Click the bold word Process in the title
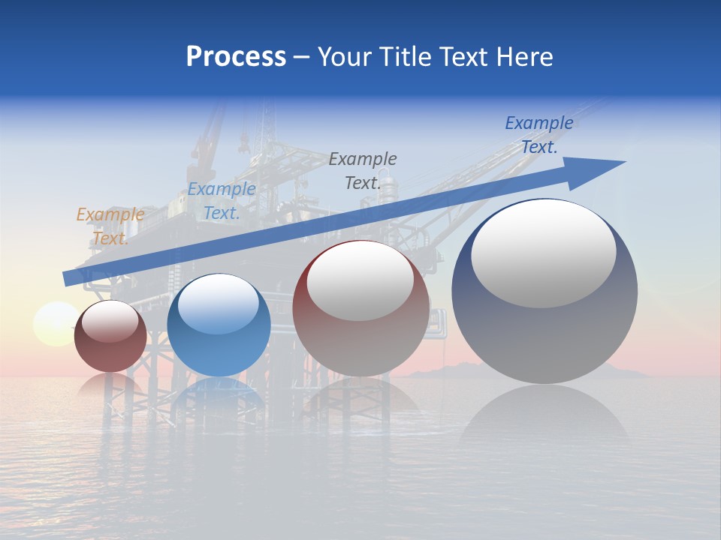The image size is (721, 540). (x=236, y=57)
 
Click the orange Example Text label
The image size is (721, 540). (x=110, y=226)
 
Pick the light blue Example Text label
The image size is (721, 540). (x=222, y=201)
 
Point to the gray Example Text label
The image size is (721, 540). (x=363, y=170)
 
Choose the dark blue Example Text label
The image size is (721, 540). (x=539, y=135)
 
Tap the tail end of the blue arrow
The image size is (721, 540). (x=69, y=278)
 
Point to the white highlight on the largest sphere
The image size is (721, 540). (x=544, y=253)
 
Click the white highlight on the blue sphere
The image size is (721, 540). (x=219, y=304)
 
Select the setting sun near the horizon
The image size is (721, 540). (x=54, y=324)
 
